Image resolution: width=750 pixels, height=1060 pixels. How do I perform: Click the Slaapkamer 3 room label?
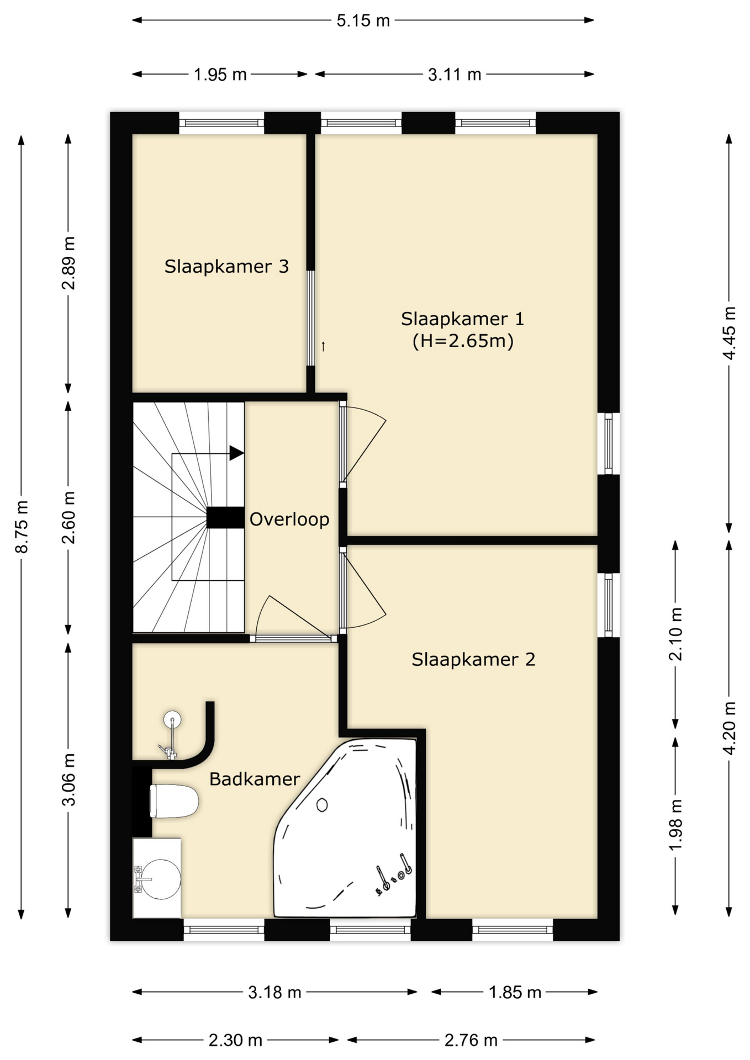tap(226, 267)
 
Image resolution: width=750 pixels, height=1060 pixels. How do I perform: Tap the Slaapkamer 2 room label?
tap(473, 659)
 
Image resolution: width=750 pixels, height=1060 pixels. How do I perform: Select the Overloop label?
tap(289, 519)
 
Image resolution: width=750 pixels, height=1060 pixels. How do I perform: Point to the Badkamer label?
tap(255, 779)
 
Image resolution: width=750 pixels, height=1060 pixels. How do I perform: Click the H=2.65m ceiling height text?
tap(463, 341)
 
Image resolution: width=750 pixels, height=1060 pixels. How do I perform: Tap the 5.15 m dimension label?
tap(363, 20)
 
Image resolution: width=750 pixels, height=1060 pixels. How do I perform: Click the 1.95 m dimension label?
tap(220, 74)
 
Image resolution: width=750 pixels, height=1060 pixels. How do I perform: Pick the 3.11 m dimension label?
tap(455, 74)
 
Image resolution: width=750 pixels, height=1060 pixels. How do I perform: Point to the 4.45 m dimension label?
tap(730, 333)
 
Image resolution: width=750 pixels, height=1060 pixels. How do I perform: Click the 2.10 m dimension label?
tap(675, 634)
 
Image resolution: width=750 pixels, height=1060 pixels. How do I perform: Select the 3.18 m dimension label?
tap(274, 992)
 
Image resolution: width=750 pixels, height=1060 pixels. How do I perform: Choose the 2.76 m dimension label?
tap(471, 1040)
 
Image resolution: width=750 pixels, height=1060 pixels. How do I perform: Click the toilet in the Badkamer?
tap(173, 801)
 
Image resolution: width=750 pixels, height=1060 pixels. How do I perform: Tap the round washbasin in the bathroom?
tap(161, 879)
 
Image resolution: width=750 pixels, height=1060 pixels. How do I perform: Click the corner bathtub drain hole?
tap(321, 805)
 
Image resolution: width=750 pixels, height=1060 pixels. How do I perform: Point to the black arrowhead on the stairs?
tap(236, 453)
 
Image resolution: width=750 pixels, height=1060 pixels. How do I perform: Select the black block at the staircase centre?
tap(225, 518)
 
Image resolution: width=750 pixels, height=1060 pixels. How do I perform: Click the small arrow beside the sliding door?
tap(323, 347)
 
